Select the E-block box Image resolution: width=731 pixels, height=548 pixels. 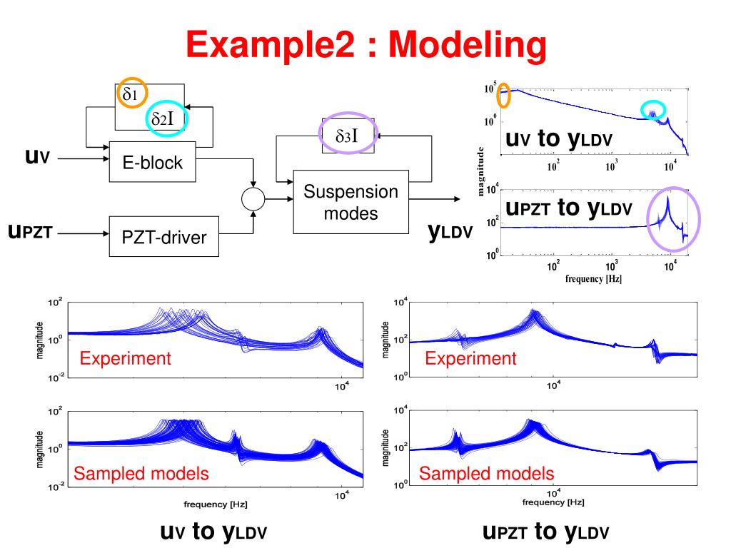(151, 162)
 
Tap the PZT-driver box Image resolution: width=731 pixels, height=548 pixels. (163, 235)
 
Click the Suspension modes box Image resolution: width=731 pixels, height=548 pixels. (351, 203)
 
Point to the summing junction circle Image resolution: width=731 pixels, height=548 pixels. (253, 199)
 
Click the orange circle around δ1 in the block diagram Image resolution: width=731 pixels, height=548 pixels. (133, 93)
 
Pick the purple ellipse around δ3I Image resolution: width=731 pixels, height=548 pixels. (346, 134)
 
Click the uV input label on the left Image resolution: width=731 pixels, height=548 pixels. (36, 157)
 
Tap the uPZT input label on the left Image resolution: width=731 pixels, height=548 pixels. (29, 232)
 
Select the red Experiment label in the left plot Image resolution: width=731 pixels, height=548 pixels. (126, 358)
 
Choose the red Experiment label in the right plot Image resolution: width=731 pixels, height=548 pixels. (470, 358)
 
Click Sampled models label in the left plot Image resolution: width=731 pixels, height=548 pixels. (141, 473)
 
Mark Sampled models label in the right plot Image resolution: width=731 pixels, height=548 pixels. (486, 473)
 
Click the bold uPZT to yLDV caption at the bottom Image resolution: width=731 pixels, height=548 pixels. (546, 531)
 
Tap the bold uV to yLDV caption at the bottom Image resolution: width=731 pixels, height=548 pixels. (213, 532)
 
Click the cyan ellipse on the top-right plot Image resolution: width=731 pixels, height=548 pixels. (653, 110)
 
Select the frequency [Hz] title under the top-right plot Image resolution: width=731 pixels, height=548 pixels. (593, 278)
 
